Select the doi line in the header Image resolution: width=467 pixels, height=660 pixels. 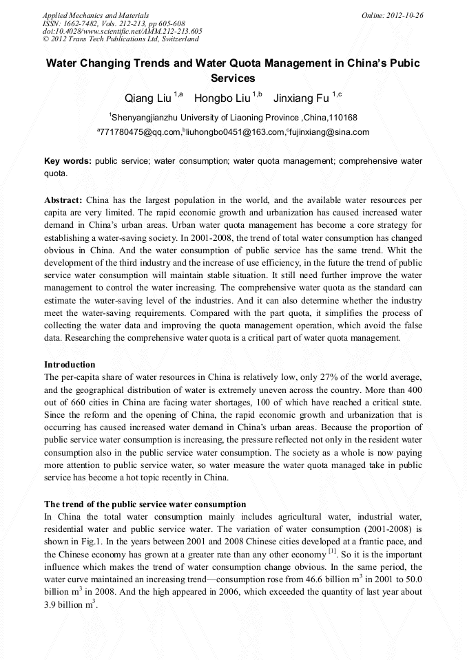(x=122, y=31)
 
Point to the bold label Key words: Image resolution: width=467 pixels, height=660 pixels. (x=68, y=161)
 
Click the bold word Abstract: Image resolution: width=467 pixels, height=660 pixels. (x=63, y=200)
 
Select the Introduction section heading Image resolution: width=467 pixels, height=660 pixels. (x=70, y=364)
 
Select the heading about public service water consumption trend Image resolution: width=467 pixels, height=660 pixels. (x=145, y=504)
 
